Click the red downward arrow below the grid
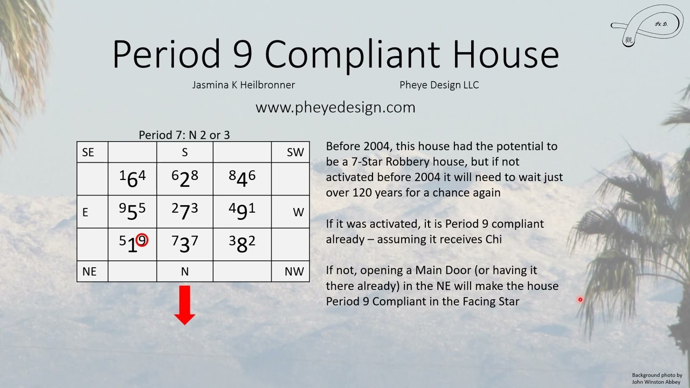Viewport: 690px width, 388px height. [184, 305]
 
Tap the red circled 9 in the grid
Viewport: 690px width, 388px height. [142, 240]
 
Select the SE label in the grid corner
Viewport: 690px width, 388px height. [88, 153]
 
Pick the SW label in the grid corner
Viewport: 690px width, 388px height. [295, 153]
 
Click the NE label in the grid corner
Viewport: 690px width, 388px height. [89, 272]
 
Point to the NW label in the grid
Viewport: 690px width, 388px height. [294, 272]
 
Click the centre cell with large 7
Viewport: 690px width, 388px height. [185, 212]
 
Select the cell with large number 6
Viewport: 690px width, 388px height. [132, 179]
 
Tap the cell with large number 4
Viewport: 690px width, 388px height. [242, 179]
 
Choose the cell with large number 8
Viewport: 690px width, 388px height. [242, 244]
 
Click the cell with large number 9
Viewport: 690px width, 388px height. [242, 212]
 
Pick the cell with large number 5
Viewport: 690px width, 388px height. [132, 212]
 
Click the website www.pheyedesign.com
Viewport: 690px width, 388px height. [335, 107]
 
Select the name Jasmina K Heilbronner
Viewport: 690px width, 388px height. [244, 85]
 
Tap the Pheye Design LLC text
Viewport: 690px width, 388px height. [439, 85]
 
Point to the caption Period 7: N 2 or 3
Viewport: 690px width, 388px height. [184, 135]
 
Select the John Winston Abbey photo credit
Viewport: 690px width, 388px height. [657, 378]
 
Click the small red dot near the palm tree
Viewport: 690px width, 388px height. [580, 300]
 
